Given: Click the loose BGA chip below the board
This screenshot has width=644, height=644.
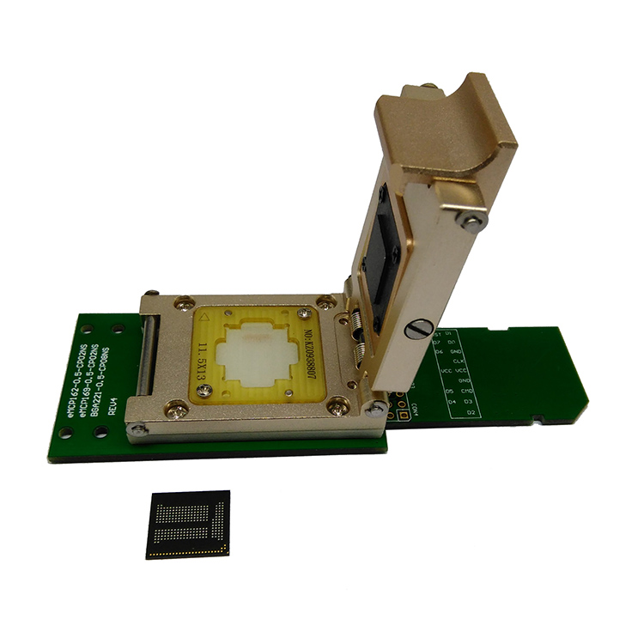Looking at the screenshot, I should pos(188,525).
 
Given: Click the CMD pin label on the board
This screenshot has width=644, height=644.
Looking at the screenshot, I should pos(465,391).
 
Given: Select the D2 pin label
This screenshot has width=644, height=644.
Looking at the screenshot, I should pos(471,412).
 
